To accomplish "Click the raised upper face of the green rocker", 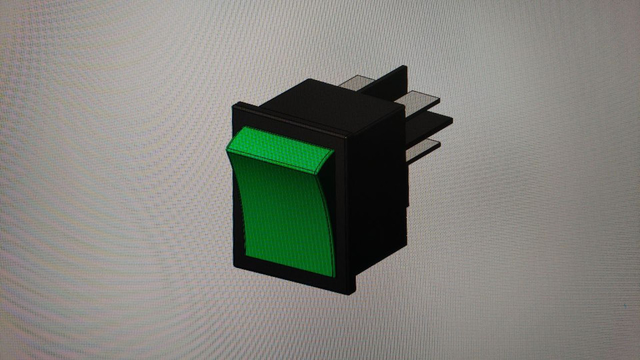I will pos(280,152).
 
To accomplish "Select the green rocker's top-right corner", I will pos(333,151).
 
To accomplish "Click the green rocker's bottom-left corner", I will pos(245,254).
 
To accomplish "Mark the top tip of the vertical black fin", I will pos(404,67).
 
